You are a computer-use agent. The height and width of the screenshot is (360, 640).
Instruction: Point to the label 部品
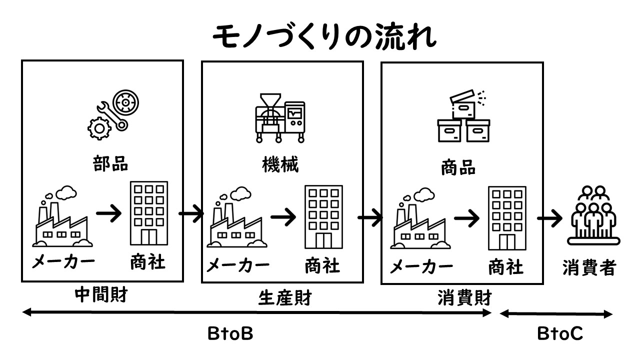point(110,163)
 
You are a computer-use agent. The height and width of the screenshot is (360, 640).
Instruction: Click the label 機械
point(280,165)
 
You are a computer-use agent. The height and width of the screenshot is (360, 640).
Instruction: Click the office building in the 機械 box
point(323,218)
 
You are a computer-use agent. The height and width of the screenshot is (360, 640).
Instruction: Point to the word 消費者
point(588,268)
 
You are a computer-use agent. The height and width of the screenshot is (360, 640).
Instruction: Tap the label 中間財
point(101,295)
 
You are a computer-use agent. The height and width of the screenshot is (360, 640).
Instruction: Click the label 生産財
point(285,298)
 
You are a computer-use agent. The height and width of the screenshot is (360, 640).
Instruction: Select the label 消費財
point(465,298)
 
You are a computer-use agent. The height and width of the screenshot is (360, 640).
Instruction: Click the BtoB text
point(230,333)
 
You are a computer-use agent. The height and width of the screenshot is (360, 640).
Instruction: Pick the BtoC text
point(560,334)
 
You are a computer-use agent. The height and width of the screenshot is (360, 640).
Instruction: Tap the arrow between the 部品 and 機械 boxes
point(191,214)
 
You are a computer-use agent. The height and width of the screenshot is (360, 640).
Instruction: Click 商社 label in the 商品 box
point(506,267)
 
